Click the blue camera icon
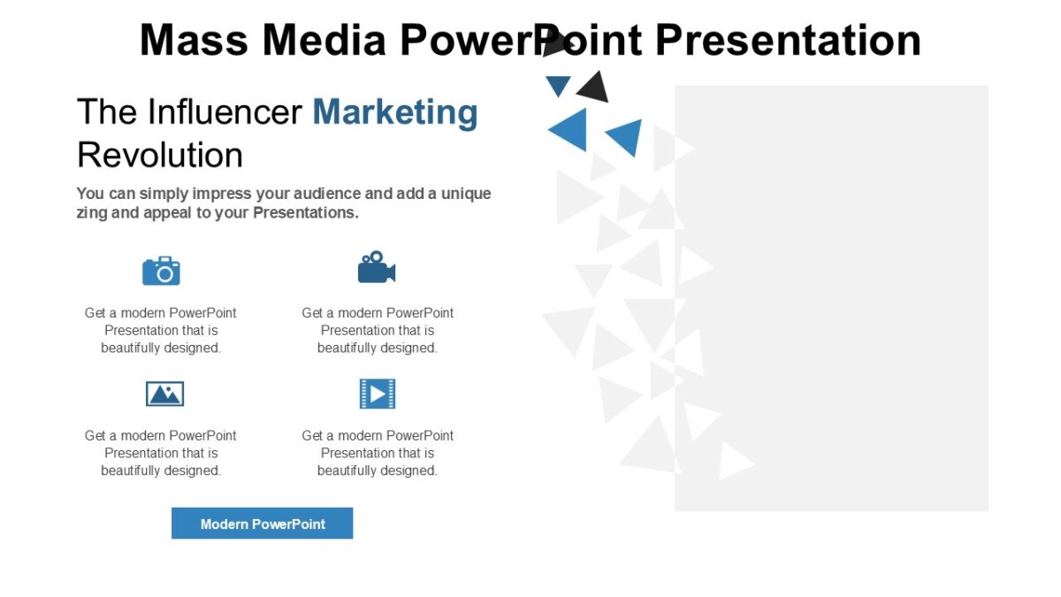click(161, 271)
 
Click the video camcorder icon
click(376, 268)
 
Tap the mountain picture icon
click(164, 394)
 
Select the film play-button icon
click(378, 394)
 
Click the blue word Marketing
click(395, 113)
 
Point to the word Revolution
click(160, 155)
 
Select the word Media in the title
click(325, 40)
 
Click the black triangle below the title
click(594, 87)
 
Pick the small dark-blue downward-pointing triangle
click(558, 86)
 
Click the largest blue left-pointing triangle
click(569, 129)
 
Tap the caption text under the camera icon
click(161, 331)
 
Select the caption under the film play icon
click(378, 453)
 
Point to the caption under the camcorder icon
click(378, 331)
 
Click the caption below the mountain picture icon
click(161, 453)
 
